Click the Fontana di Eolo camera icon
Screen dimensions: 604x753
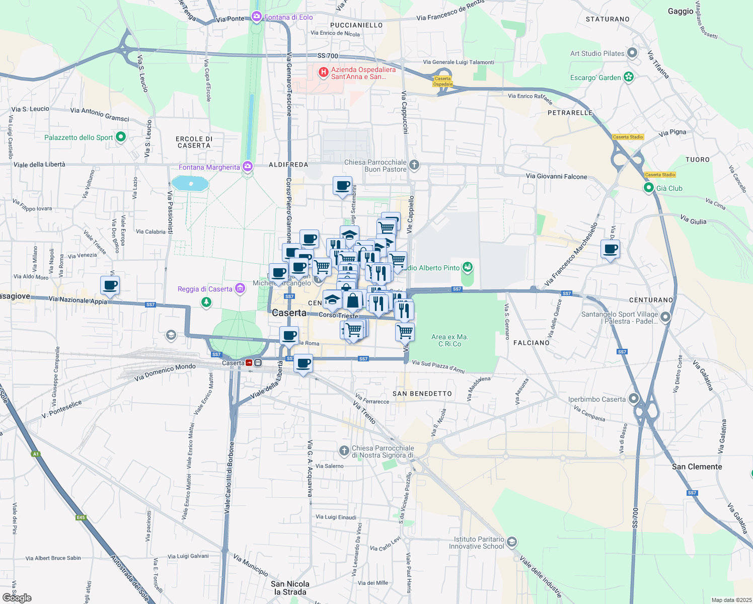click(x=257, y=17)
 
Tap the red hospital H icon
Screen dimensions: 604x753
click(x=324, y=73)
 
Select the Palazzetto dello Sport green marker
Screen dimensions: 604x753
click(x=120, y=137)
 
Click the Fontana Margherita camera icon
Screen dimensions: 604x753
click(x=247, y=167)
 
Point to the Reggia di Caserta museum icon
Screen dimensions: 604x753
click(x=240, y=288)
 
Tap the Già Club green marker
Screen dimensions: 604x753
click(x=649, y=188)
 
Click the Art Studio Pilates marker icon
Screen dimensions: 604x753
click(x=633, y=53)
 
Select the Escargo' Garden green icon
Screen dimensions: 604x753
click(x=628, y=77)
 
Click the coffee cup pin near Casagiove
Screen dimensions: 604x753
click(x=110, y=285)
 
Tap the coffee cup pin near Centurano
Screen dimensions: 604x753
click(x=610, y=249)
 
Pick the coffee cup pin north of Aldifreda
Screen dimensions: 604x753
click(x=343, y=186)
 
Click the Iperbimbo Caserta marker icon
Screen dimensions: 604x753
click(x=633, y=399)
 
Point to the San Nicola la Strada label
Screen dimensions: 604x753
click(x=290, y=587)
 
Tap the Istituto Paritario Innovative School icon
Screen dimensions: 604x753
click(x=511, y=542)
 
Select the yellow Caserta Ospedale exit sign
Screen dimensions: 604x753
click(x=443, y=81)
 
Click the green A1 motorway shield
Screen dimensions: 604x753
click(x=36, y=454)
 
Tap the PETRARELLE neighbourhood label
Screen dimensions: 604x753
click(x=570, y=113)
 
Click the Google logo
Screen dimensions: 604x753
click(x=17, y=598)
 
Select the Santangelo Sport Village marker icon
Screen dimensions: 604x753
click(x=665, y=317)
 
